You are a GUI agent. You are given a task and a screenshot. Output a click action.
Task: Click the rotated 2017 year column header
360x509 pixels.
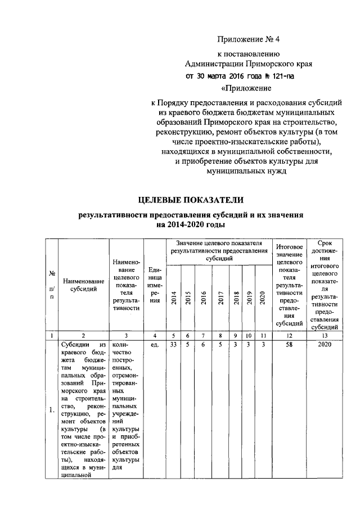[x=220, y=297]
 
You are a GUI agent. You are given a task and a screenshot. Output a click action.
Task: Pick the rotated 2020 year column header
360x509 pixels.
[x=262, y=297]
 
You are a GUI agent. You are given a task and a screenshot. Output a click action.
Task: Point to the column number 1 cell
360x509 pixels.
[x=51, y=335]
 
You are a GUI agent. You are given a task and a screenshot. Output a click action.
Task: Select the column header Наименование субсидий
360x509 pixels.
[x=83, y=285]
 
